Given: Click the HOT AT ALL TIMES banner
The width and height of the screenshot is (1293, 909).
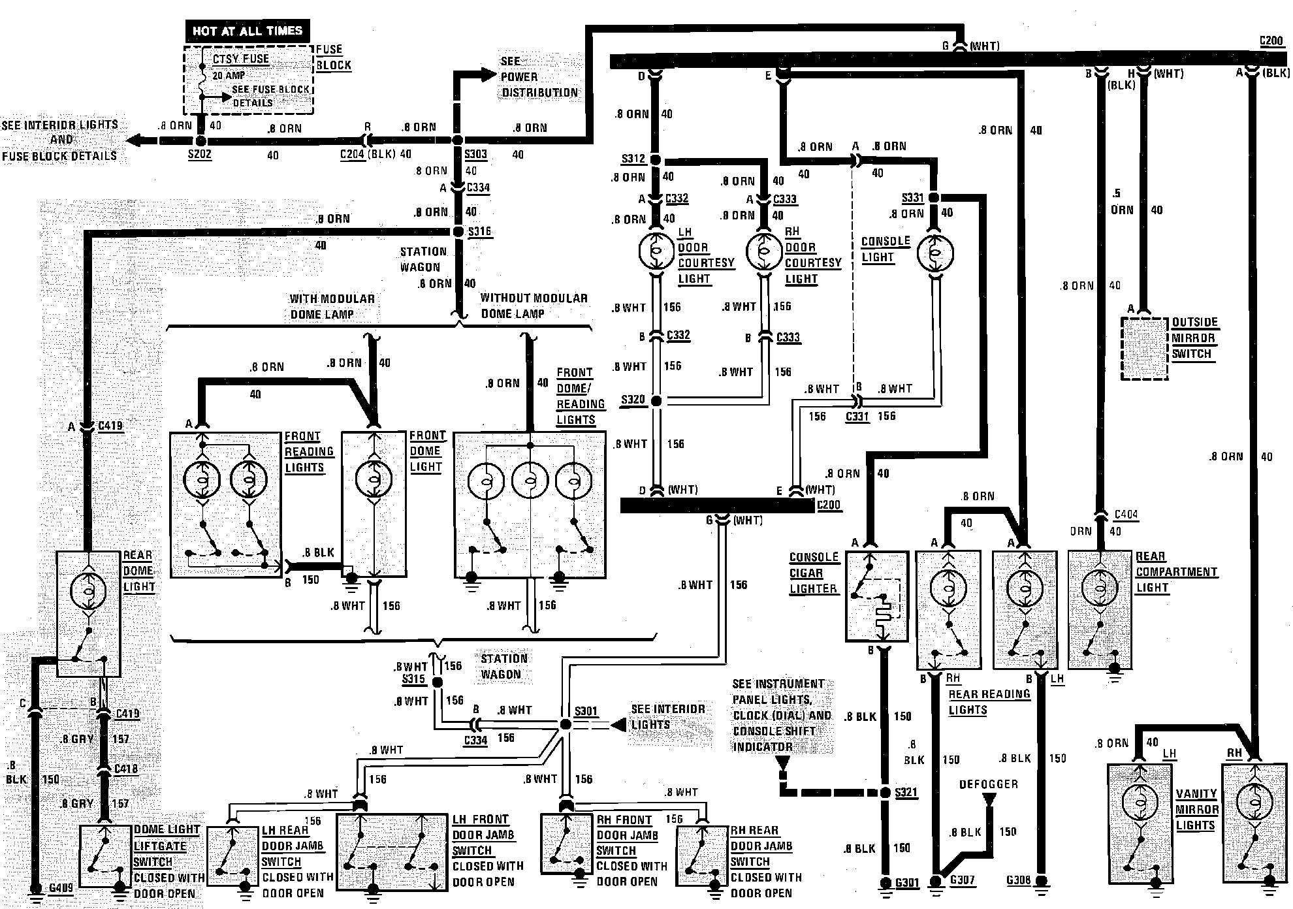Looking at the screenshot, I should click(x=247, y=31).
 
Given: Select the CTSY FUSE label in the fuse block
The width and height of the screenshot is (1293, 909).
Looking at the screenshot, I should click(x=241, y=59).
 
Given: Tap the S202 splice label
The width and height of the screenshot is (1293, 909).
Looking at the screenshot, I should click(x=200, y=155).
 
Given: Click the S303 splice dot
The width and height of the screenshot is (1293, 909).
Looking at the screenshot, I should click(x=458, y=140).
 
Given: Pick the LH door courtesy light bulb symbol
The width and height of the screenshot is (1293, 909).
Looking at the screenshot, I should click(x=656, y=251).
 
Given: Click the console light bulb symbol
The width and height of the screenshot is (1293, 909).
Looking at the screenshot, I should click(x=935, y=252).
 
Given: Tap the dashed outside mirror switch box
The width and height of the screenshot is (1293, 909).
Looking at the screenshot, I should click(x=1144, y=349).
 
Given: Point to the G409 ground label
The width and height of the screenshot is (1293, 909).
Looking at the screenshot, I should click(x=61, y=888).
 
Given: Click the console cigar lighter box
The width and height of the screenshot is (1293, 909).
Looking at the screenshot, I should click(x=876, y=596).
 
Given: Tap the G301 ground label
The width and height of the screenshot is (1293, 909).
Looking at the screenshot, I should click(x=907, y=884).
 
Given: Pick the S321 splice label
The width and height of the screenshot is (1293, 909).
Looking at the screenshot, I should click(x=906, y=793).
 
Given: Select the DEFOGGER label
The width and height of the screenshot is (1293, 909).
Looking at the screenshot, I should click(x=988, y=784).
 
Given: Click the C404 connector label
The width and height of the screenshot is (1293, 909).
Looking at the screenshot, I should click(x=1126, y=515).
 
